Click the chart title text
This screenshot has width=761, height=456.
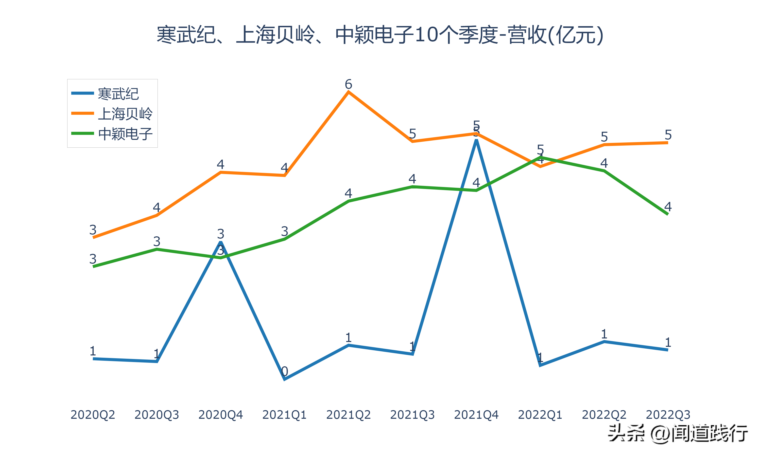pos(380,35)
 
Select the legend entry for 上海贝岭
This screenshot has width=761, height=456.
pos(125,114)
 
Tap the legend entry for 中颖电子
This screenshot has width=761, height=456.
pos(125,134)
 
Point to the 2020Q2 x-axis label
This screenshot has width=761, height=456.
pos(93,415)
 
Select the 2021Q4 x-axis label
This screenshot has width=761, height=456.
pos(476,415)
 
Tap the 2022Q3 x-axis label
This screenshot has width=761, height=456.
pos(668,415)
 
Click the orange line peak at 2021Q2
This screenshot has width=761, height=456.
pos(348,92)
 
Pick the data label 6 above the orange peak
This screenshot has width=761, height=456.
pos(348,84)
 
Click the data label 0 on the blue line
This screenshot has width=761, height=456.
pos(285,371)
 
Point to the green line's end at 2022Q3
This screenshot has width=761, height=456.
pos(667,214)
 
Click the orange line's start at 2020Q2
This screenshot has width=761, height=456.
pos(94,237)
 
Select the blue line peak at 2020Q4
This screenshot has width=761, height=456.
pos(220,242)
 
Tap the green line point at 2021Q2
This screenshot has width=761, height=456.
pos(348,201)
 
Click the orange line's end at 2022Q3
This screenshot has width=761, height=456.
pos(667,143)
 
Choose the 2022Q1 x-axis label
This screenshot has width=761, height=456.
pos(540,415)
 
